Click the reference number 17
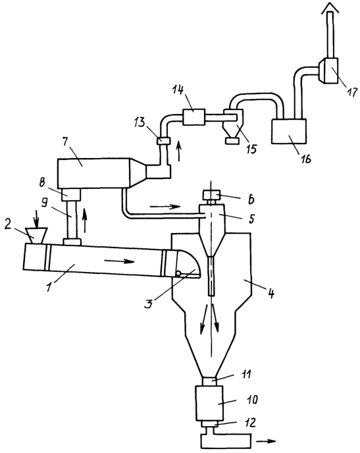pyautogui.click(x=351, y=93)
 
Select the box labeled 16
pyautogui.click(x=289, y=131)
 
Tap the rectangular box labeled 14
pyautogui.click(x=193, y=117)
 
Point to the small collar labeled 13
pyautogui.click(x=163, y=141)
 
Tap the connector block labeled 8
pyautogui.click(x=70, y=194)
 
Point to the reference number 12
pyautogui.click(x=250, y=423)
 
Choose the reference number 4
pyautogui.click(x=270, y=293)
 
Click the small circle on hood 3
pyautogui.click(x=179, y=273)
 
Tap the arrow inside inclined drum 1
pyautogui.click(x=119, y=261)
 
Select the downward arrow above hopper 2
pyautogui.click(x=36, y=219)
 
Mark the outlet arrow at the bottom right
pyautogui.click(x=266, y=441)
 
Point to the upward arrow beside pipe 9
pyautogui.click(x=85, y=221)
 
